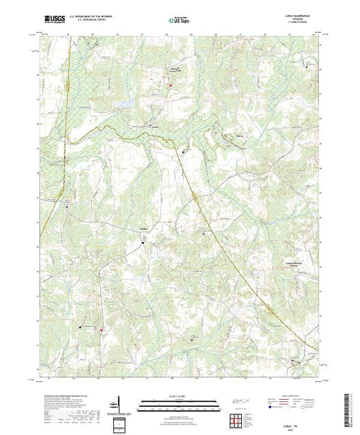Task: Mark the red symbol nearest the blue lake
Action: [170, 84]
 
